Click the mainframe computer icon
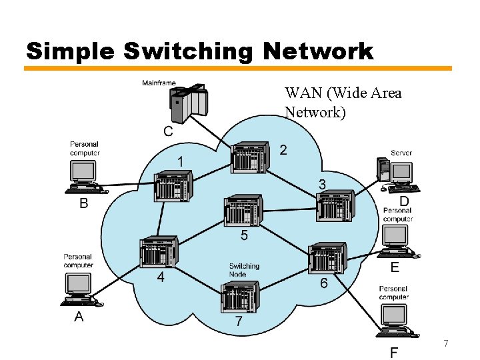[189, 101]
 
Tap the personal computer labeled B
[85, 176]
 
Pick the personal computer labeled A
[81, 290]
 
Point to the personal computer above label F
[395, 321]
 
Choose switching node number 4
[159, 251]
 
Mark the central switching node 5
[243, 211]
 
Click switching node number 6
[328, 259]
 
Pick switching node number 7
[239, 297]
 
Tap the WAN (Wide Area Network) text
[343, 102]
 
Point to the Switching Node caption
[244, 270]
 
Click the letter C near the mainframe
[168, 131]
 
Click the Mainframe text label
[159, 83]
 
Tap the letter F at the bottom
[395, 352]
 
